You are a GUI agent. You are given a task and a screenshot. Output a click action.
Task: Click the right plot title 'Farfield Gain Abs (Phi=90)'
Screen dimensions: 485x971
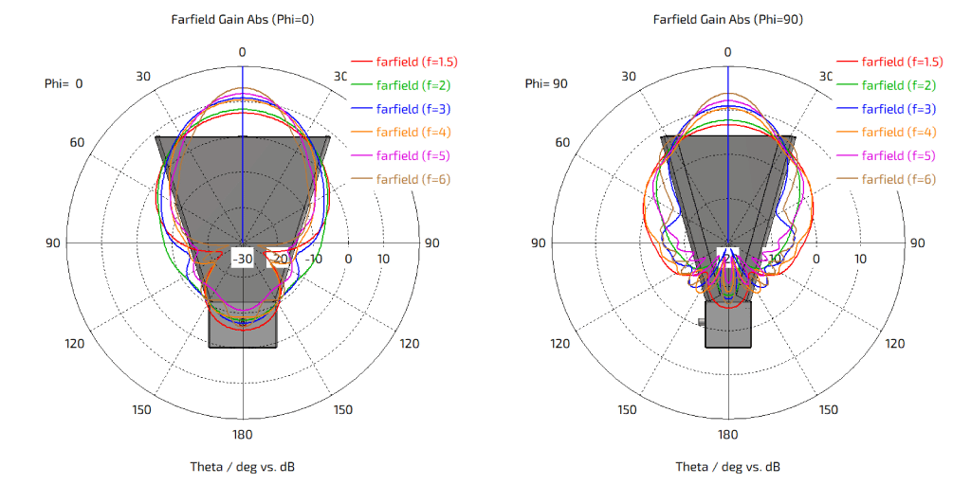[x=727, y=19]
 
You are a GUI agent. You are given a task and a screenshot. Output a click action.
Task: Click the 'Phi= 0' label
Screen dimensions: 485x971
[x=64, y=83]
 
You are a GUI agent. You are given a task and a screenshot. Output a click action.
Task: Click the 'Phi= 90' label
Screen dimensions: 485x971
[x=546, y=83]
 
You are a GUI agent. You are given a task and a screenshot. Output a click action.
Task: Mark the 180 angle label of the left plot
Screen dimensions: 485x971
[x=242, y=434]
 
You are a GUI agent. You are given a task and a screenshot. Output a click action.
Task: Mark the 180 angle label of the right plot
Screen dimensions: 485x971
[x=727, y=434]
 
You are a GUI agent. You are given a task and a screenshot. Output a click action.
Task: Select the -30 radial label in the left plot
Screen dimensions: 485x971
[x=244, y=259]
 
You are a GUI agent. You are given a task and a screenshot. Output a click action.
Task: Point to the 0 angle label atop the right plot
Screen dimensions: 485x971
[x=727, y=51]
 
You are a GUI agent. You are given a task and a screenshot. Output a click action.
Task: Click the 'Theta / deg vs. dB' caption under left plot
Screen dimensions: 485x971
[x=242, y=467]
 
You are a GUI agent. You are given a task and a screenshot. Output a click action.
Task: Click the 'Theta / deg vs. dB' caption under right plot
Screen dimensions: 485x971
[x=727, y=467]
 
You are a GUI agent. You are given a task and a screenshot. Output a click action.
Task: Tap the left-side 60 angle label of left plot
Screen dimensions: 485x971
[x=77, y=142]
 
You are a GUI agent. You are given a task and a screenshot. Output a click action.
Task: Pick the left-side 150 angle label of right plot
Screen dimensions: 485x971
[x=627, y=409]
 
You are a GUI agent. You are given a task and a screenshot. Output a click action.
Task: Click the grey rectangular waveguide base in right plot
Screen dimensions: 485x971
[x=727, y=325]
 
